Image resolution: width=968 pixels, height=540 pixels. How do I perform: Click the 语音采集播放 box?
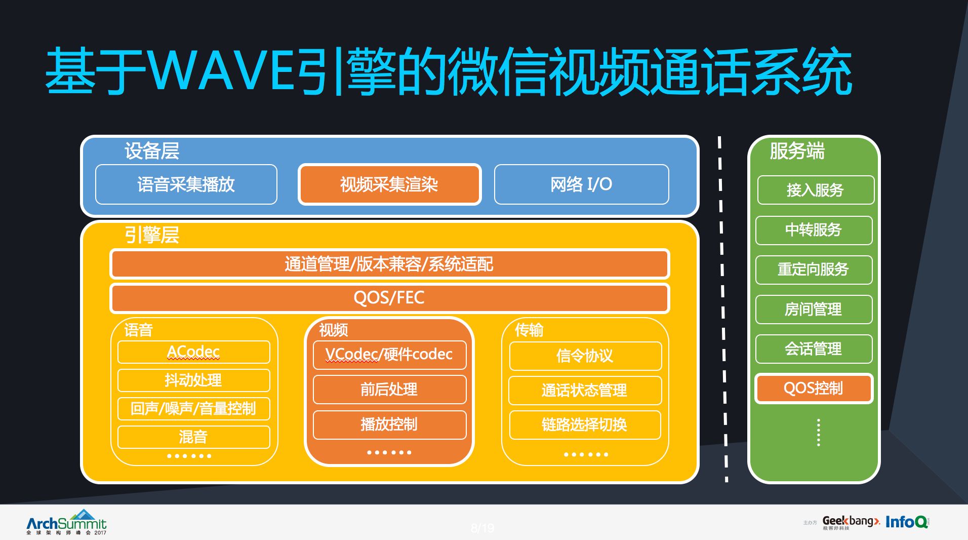pos(186,184)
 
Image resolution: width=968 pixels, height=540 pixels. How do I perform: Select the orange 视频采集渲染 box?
pos(389,184)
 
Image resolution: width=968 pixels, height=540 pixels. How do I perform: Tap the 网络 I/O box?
pos(581,184)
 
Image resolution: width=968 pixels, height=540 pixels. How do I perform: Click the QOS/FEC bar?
pos(389,298)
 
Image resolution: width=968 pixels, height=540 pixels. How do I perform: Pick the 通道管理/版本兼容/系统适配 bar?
pos(389,264)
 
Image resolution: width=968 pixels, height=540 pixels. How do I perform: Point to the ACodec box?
pos(193,352)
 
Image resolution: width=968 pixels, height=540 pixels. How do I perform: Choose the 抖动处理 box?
pos(193,380)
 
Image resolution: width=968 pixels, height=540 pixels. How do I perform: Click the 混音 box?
pos(193,437)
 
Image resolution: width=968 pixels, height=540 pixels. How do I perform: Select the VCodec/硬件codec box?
pos(389,355)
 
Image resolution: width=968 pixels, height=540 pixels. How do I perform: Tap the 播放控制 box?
pos(389,425)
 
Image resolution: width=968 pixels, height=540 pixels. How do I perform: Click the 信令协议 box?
pos(585,356)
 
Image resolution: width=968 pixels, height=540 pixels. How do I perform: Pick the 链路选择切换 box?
pos(585,425)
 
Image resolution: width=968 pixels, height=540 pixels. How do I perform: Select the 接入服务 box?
pos(815,190)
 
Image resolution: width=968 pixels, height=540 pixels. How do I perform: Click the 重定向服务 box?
pos(814,269)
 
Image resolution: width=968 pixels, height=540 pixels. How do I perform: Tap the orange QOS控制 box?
pos(814,389)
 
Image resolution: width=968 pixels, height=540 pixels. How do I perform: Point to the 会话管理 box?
pos(814,349)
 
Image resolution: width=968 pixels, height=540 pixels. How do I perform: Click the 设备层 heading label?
pos(152,151)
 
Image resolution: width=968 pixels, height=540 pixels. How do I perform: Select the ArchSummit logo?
pos(66,522)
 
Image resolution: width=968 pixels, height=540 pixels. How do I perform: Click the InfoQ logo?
pos(907,522)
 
